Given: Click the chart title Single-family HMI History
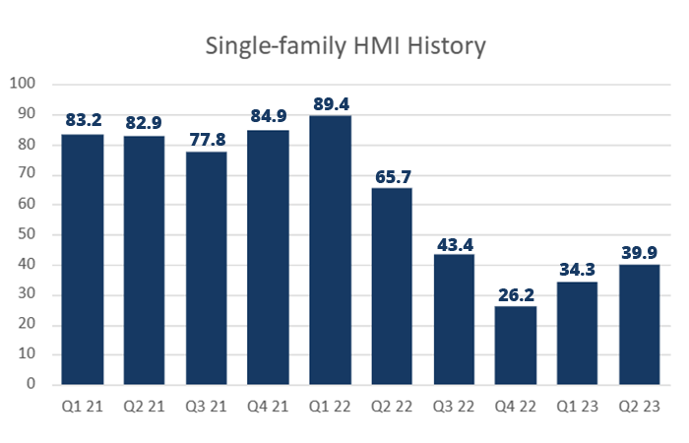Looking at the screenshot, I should [344, 46].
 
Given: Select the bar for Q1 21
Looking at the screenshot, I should [82, 258].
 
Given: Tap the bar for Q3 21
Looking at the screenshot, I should [206, 267].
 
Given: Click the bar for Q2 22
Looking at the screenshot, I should [391, 285].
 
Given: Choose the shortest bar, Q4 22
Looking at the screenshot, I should [515, 345].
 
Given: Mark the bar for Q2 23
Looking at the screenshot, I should [639, 324].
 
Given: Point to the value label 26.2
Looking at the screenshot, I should [515, 293].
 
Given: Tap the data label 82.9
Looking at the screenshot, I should [144, 123].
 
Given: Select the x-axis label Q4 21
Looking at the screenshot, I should [268, 405].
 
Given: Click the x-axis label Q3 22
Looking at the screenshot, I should [453, 405].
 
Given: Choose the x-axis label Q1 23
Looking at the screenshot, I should [577, 405].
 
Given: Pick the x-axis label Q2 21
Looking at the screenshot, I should [144, 405].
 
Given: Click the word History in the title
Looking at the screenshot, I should [446, 46].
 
